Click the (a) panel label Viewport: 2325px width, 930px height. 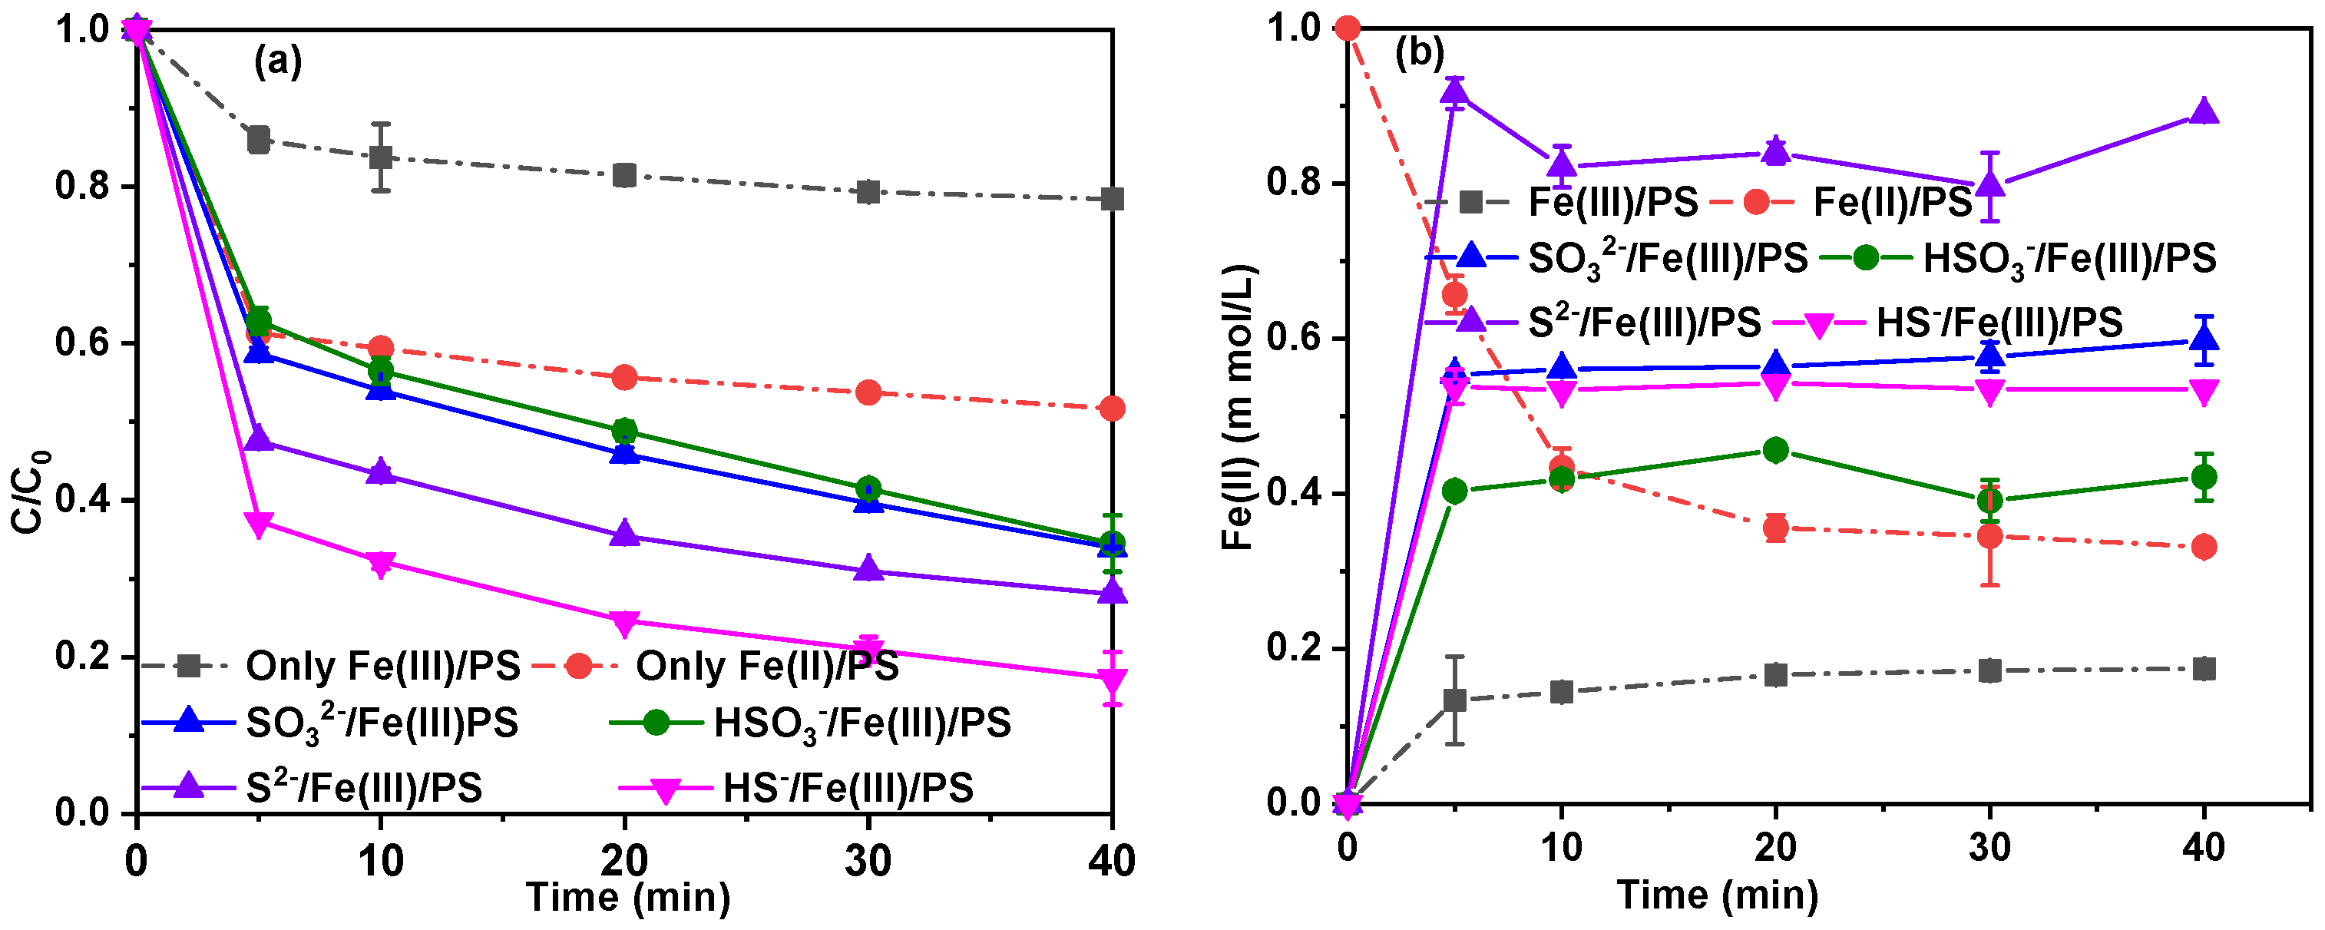click(x=278, y=61)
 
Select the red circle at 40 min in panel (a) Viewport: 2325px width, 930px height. click(x=1112, y=409)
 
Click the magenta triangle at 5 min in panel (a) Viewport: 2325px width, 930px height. click(x=259, y=524)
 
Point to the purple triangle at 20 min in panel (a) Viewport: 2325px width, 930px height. click(x=624, y=534)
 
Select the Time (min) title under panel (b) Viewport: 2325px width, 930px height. click(x=1718, y=895)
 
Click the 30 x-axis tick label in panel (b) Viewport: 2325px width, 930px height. click(x=1989, y=847)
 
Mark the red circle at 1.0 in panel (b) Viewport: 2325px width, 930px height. click(x=1348, y=29)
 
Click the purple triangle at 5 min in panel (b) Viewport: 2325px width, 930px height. click(x=1455, y=91)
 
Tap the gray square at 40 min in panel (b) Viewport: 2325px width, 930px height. click(x=2204, y=669)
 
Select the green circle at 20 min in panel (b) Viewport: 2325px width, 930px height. click(x=1775, y=450)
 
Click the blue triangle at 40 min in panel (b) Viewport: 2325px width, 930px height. click(x=2204, y=339)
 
